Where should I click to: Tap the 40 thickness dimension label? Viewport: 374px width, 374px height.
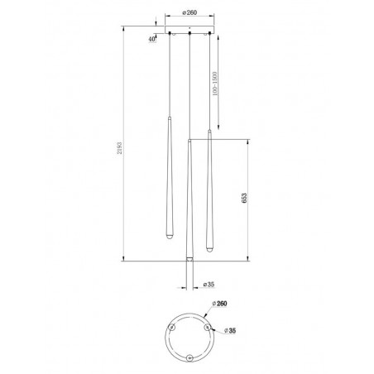click(152, 39)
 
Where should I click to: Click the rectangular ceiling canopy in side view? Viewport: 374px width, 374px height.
click(190, 34)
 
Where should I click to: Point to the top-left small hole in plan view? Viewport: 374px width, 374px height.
click(172, 326)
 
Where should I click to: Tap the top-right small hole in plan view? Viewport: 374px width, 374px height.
click(207, 326)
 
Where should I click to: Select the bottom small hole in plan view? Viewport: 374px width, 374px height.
click(189, 357)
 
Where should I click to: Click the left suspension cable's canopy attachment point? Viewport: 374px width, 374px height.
click(169, 37)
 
